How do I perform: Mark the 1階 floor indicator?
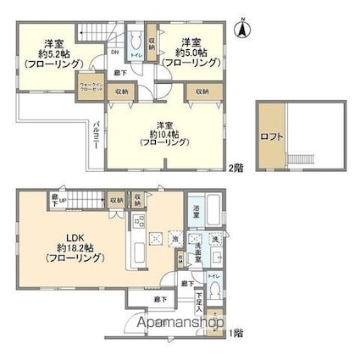point(234,335)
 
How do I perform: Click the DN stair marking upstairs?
point(114,53)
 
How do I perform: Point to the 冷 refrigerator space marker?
point(174,239)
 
